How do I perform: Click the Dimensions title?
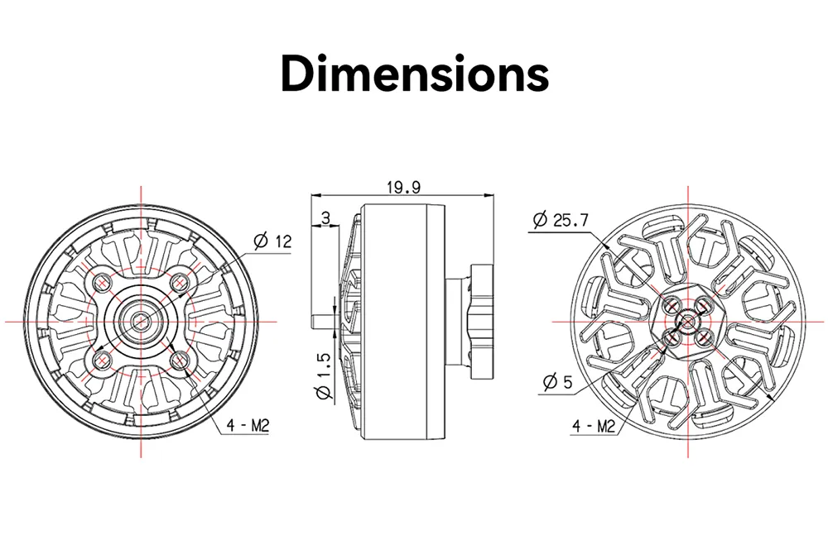tap(415, 74)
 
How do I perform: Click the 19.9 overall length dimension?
tap(403, 188)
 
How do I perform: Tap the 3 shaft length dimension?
tap(325, 217)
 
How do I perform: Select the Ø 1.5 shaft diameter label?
tap(323, 376)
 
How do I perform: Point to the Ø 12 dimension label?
tap(272, 241)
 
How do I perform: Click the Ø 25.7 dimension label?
tap(561, 219)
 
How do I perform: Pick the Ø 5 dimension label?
tap(557, 381)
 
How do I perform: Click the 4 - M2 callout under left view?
tap(248, 425)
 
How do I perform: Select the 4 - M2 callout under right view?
tap(594, 426)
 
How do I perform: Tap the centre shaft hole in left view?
tap(141, 321)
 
